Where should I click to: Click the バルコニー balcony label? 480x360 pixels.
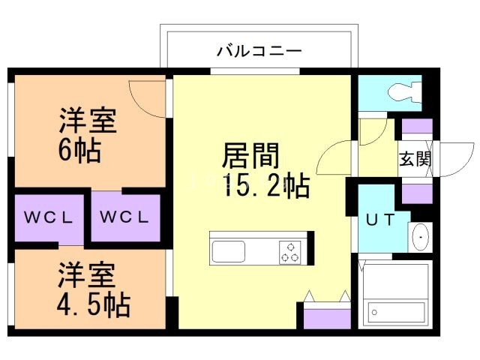(259, 52)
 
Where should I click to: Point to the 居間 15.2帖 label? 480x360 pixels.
(262, 171)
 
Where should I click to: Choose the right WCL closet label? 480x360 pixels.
(125, 218)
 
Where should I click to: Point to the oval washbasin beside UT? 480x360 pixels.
(421, 237)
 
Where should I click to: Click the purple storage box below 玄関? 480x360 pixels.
(416, 193)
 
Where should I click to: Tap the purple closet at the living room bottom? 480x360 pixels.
(327, 316)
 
